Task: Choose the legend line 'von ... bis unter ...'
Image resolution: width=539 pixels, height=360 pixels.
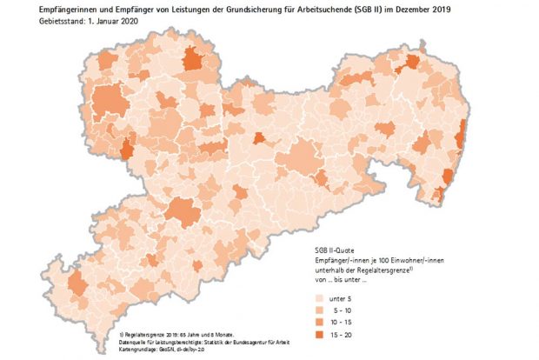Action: click(341, 278)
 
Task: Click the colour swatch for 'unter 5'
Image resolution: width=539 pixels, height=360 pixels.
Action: click(320, 296)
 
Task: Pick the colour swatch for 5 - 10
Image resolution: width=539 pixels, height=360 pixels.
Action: click(320, 308)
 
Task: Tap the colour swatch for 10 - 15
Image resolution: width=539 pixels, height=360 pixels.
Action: click(320, 321)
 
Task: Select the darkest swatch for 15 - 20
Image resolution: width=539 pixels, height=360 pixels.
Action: click(320, 334)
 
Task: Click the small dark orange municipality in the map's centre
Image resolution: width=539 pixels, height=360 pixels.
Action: click(259, 138)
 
